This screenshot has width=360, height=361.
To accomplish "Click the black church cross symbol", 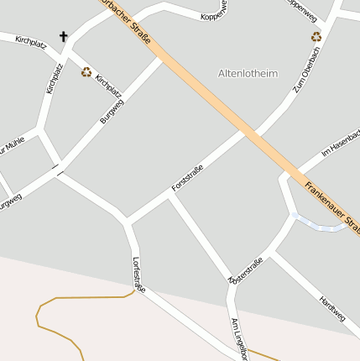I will pyautogui.click(x=64, y=37).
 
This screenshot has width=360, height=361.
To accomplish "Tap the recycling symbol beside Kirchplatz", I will pyautogui.click(x=86, y=72).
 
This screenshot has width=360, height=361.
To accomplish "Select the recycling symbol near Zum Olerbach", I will pyautogui.click(x=316, y=37).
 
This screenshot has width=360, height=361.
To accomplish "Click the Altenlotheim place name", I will pyautogui.click(x=248, y=74).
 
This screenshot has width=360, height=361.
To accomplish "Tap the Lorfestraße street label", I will pyautogui.click(x=138, y=275).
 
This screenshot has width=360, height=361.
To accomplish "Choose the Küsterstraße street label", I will pyautogui.click(x=246, y=269).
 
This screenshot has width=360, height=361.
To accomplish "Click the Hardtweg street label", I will pyautogui.click(x=331, y=308).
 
